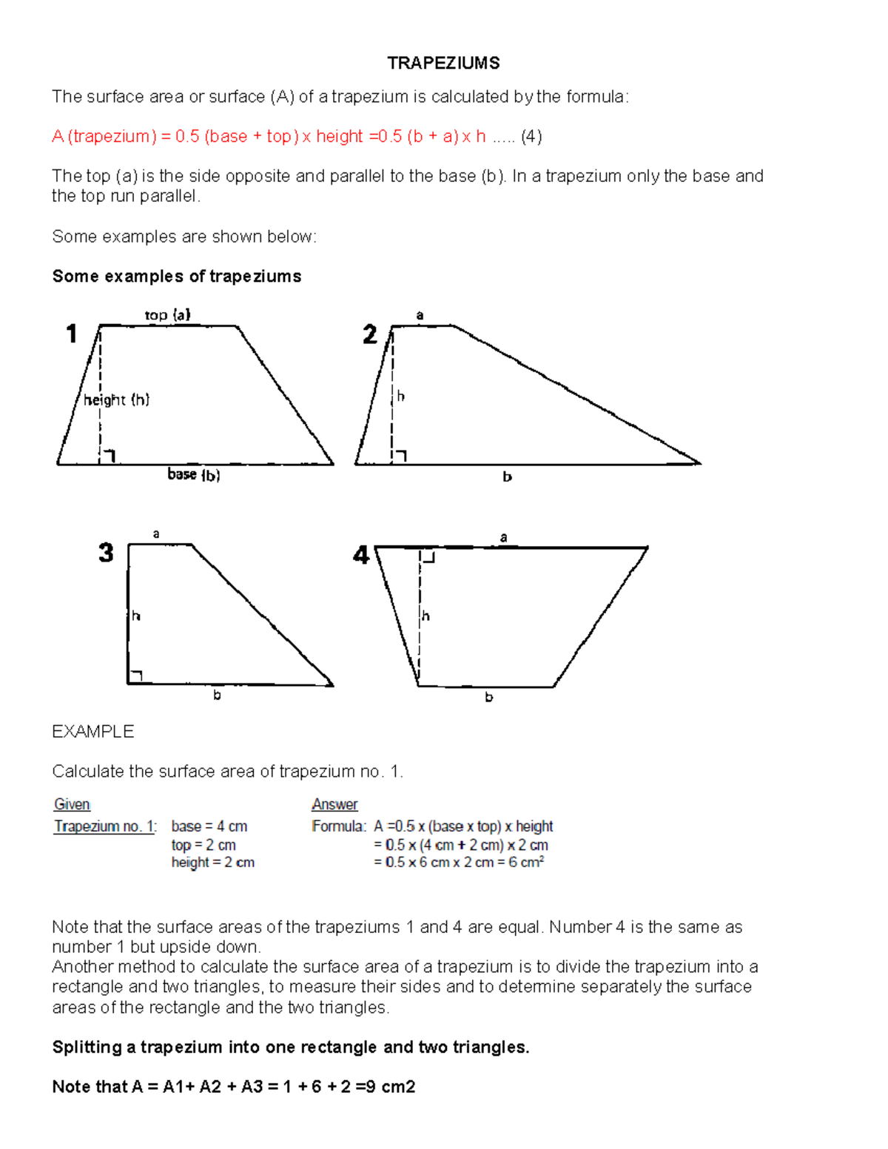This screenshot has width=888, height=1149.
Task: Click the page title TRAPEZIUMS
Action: (443, 63)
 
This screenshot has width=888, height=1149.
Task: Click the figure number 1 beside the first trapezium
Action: (72, 334)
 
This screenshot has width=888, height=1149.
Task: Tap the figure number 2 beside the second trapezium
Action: (370, 334)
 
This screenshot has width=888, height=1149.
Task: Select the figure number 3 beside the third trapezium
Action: (106, 553)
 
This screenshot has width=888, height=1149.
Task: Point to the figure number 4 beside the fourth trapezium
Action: (361, 555)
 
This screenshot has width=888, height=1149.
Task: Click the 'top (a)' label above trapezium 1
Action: (167, 314)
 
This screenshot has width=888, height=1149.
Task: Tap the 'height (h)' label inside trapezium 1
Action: (116, 400)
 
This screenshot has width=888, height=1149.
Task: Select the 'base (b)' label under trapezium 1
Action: (193, 474)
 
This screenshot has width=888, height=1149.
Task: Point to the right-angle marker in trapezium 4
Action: (428, 556)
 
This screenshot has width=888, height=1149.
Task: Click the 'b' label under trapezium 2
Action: (507, 477)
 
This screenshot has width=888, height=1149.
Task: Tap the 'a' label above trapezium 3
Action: (156, 533)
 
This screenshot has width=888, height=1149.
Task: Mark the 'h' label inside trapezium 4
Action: (425, 616)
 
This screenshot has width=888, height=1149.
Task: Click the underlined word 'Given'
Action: (72, 804)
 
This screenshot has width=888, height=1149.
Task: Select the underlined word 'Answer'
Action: (334, 804)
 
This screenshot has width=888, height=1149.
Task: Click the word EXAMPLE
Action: (92, 732)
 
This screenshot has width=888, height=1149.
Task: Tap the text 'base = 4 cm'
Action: (209, 826)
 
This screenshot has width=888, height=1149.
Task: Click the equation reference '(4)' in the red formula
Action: (531, 136)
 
